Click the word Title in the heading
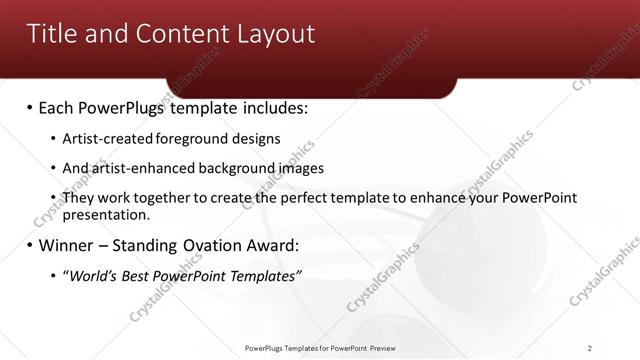52,34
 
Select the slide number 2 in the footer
590,348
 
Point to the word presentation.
106,214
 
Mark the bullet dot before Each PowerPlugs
30,106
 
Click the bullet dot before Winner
30,245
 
